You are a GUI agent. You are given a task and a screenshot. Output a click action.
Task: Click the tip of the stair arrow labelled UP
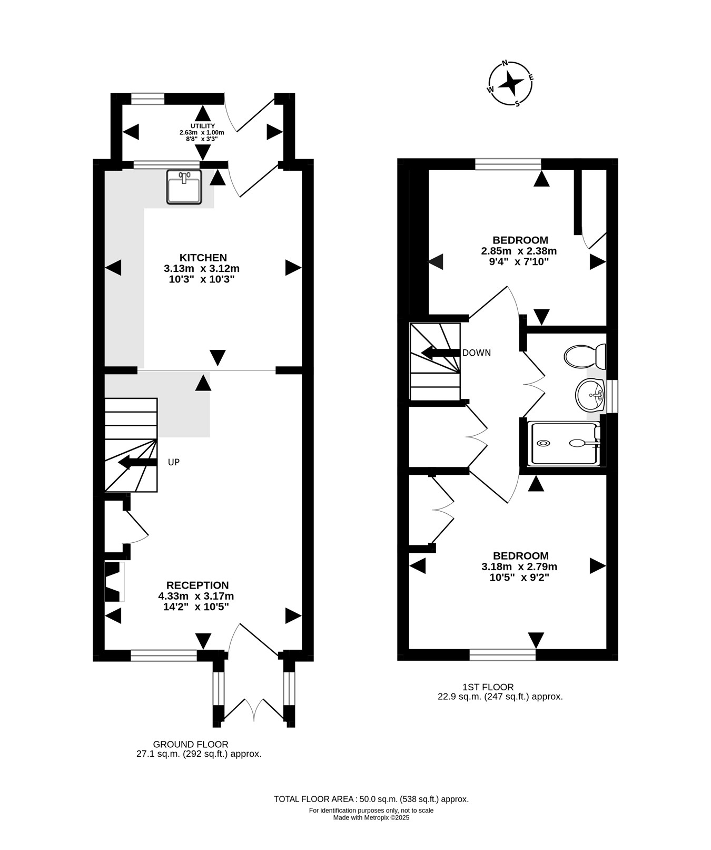118,463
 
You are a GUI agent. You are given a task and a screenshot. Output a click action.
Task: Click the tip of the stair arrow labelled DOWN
422,353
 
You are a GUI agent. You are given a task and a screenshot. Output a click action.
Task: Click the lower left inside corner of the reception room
105,650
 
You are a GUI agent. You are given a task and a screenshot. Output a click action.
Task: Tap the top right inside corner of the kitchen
302,170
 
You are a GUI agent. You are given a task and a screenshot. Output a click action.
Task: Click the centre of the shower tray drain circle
543,443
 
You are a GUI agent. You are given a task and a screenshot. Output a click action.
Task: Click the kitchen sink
184,187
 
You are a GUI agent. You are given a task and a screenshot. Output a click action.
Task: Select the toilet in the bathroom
585,356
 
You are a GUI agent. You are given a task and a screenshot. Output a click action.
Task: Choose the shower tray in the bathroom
565,443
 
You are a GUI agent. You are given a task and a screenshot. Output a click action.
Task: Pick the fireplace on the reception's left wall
114,582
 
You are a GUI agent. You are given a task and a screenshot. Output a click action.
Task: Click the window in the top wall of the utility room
147,98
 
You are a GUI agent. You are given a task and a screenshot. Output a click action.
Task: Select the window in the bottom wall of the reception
164,656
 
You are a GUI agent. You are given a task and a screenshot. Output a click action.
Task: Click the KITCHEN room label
203,258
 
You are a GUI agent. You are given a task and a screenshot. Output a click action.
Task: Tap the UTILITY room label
203,126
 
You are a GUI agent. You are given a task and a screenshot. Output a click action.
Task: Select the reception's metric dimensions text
196,596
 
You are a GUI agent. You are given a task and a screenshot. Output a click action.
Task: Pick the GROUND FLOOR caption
191,745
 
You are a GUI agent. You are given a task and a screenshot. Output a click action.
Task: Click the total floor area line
371,799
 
